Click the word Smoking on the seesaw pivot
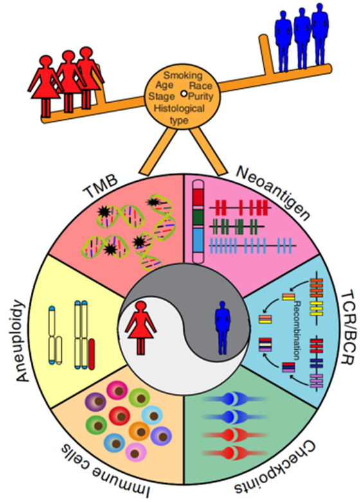tap(183, 75)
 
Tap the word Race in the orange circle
tap(201, 85)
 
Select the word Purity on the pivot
tap(201, 96)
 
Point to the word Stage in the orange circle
tap(161, 96)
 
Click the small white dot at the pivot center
tap(183, 94)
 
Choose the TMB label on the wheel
tap(100, 188)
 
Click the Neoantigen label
tap(273, 194)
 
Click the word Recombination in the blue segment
tap(297, 330)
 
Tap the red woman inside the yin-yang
tap(140, 328)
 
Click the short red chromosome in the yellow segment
tap(91, 354)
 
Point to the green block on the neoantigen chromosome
tap(198, 218)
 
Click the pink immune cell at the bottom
tap(136, 453)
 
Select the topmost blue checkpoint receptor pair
tap(235, 399)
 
